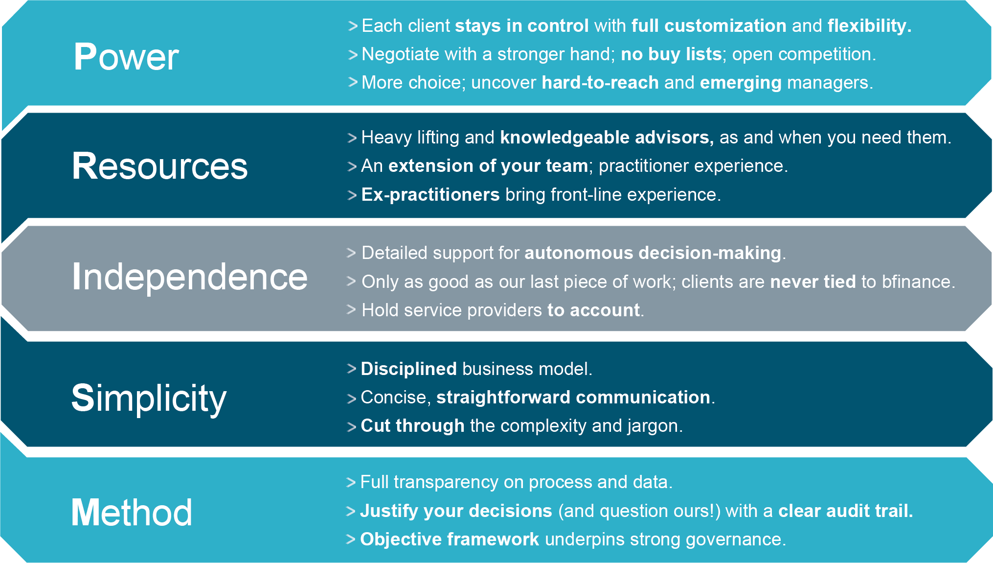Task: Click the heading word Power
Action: tap(126, 57)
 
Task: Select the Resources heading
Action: tap(160, 166)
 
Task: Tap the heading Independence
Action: tap(190, 277)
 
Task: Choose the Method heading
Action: tap(132, 513)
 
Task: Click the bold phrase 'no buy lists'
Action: tap(671, 54)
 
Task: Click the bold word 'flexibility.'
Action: tap(869, 26)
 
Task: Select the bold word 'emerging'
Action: tap(741, 83)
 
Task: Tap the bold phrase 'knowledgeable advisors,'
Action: tap(607, 138)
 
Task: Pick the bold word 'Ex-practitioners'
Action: tap(430, 195)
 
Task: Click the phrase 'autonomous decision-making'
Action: tap(653, 253)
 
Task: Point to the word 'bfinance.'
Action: tap(918, 282)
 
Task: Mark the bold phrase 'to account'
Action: tap(593, 310)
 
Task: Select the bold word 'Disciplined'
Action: tap(408, 369)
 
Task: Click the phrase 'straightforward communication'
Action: tap(573, 398)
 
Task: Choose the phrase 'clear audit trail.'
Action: tap(846, 511)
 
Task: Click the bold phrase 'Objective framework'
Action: tap(450, 540)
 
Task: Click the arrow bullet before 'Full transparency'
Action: tap(351, 483)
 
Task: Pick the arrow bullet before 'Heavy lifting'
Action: tap(352, 138)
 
